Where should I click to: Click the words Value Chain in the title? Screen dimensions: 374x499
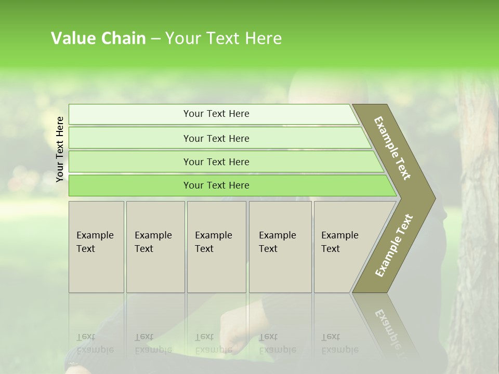98,38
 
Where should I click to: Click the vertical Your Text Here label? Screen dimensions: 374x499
60,149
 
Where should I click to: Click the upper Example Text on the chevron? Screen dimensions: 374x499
392,148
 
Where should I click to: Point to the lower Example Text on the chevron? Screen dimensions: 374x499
394,245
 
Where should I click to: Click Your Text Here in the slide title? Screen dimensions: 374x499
223,38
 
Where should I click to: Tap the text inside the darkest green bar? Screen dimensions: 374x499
216,185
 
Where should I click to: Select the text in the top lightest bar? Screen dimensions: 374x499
216,114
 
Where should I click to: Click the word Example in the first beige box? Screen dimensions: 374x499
95,235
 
